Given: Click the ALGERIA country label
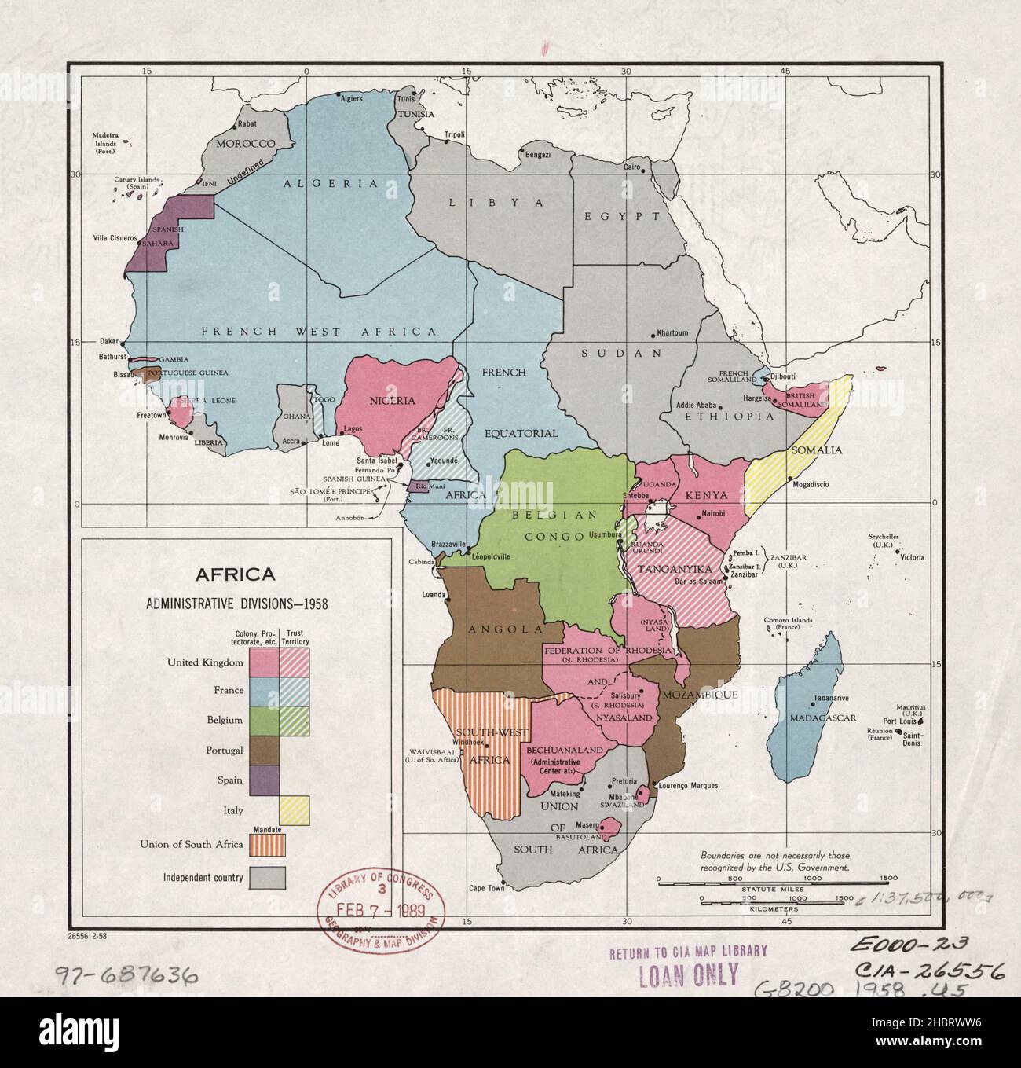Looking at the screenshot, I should point(331,183).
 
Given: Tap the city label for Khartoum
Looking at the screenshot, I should point(672,332).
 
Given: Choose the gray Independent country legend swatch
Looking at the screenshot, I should point(268,877).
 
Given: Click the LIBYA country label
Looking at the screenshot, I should point(496,202).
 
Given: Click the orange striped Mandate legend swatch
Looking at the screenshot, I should point(268,846).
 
